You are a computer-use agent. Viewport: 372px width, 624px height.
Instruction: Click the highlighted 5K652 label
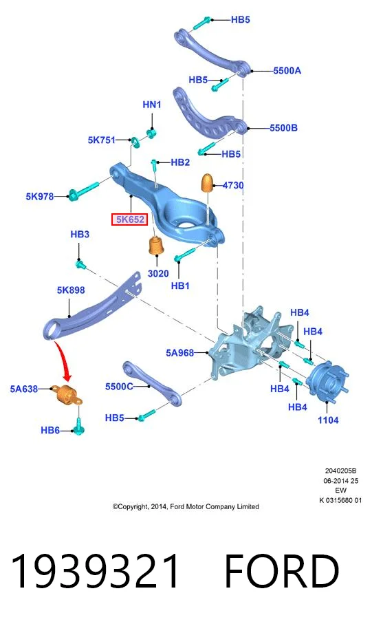[130, 219]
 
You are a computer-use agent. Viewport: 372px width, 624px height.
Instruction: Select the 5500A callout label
[287, 71]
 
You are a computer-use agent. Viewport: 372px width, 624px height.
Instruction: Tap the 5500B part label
[283, 128]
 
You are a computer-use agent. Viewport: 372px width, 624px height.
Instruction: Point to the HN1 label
[151, 105]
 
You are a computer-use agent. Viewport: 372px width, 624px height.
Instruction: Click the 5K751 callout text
[102, 140]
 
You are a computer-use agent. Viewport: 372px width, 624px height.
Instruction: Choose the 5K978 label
[40, 196]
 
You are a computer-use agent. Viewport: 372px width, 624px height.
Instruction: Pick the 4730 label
[233, 185]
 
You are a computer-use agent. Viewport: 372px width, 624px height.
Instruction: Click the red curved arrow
[65, 360]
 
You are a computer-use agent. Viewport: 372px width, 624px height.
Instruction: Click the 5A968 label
[180, 353]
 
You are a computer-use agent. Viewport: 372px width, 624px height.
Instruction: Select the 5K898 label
[71, 290]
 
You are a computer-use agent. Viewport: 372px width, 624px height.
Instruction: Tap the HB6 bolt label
[50, 430]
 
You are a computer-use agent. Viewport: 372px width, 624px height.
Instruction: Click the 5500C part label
[119, 387]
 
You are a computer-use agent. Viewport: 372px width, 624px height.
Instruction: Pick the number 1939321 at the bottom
[95, 571]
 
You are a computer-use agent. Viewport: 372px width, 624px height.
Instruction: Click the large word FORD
[282, 571]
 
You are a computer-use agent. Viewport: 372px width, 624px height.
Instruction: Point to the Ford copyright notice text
[186, 506]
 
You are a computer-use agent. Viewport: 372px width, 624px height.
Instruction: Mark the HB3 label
[80, 234]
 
